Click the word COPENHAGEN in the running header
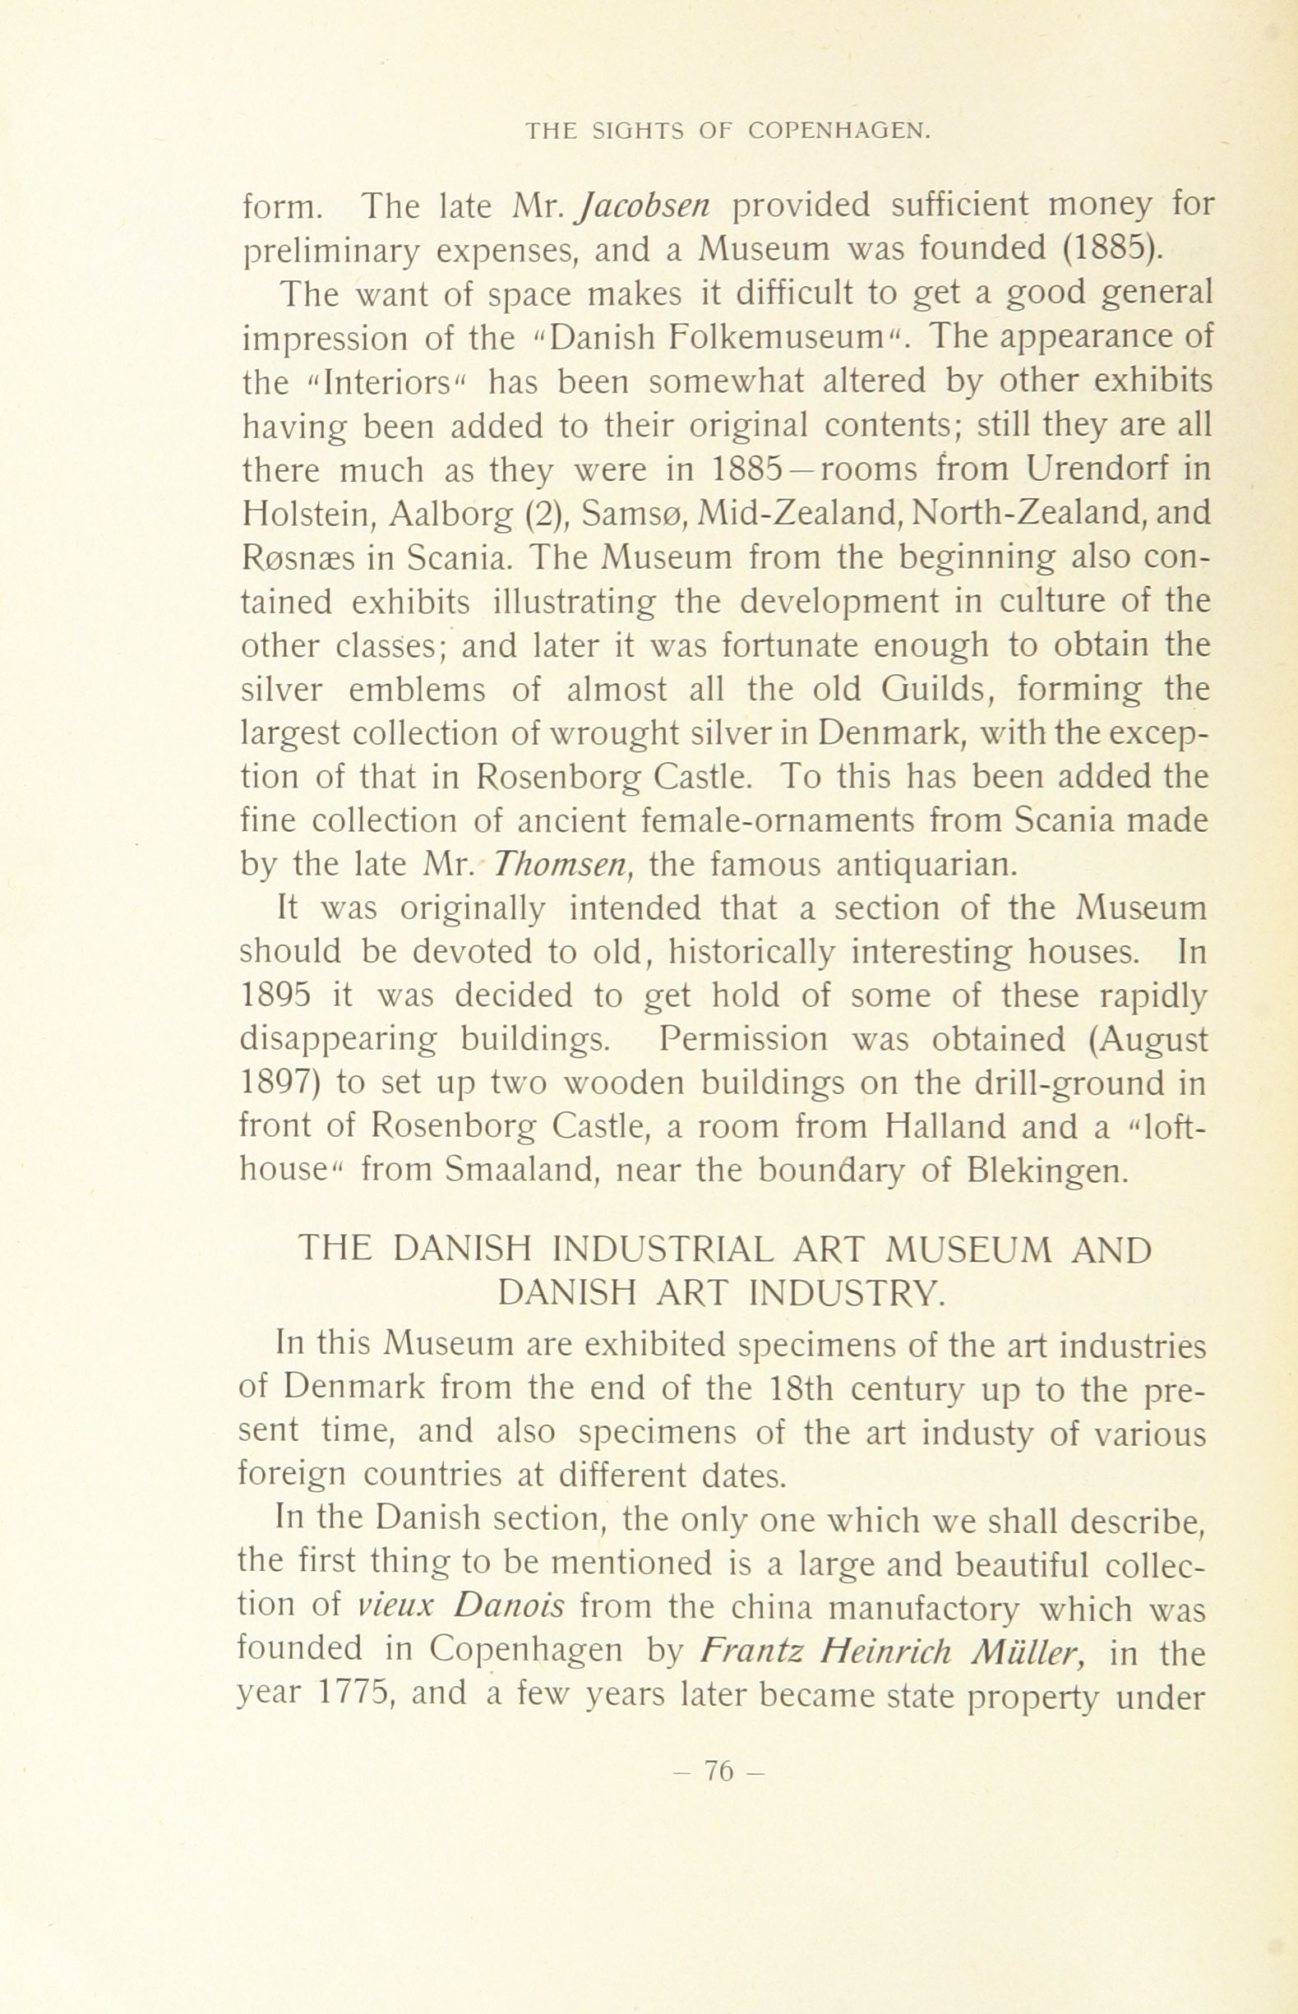point(838,132)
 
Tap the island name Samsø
point(627,513)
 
